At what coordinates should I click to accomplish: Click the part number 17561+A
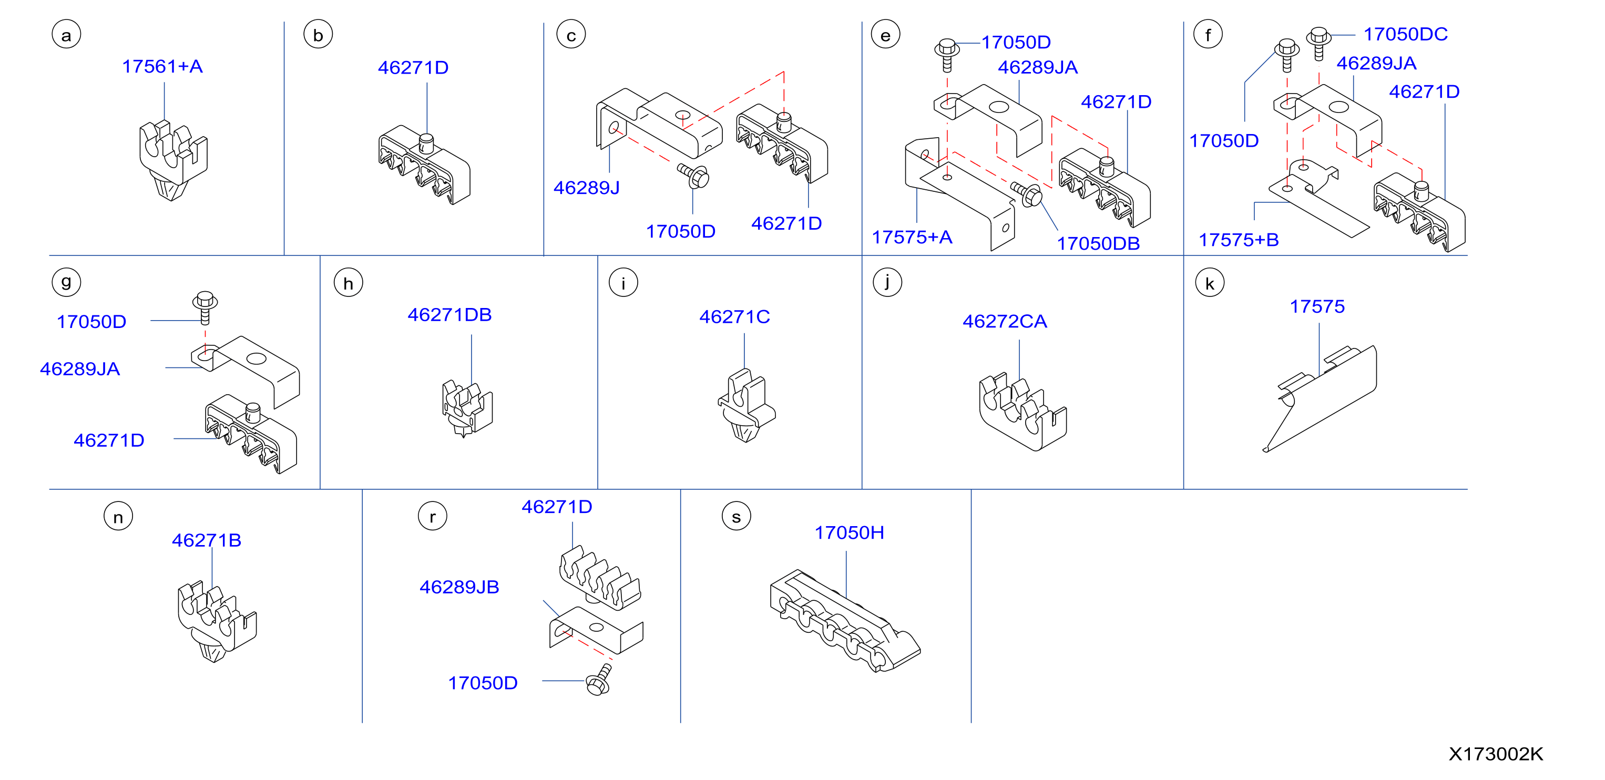(162, 66)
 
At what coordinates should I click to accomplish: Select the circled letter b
(318, 35)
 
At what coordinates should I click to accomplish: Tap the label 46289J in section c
(586, 188)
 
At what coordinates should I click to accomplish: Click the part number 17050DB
(1098, 243)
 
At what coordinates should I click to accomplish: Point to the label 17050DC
(1405, 34)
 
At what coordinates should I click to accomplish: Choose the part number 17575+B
(1238, 240)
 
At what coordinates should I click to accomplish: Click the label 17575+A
(912, 238)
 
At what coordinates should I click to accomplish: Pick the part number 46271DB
(449, 315)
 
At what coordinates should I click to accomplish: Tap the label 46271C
(734, 317)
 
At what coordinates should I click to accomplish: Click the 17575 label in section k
(1316, 306)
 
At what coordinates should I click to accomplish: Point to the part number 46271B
(206, 540)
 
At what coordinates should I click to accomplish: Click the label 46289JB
(459, 587)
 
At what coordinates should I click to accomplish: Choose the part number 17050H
(849, 532)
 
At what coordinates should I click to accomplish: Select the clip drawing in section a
(172, 161)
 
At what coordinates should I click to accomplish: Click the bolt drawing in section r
(599, 680)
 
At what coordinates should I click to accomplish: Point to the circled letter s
(736, 517)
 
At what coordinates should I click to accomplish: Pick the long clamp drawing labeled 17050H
(845, 621)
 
